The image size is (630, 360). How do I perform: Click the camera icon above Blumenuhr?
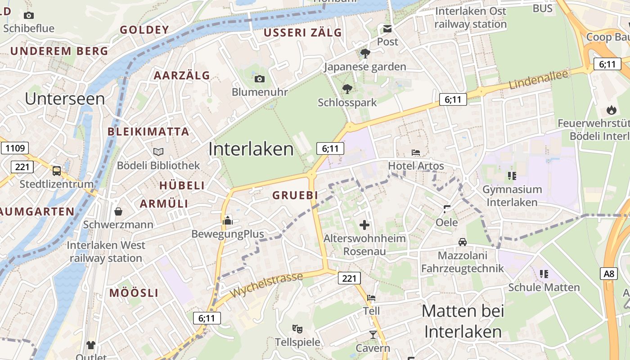tap(260, 79)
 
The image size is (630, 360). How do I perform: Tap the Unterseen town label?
tap(65, 99)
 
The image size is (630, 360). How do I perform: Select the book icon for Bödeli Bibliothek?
tap(158, 152)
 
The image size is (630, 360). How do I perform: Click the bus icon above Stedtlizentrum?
tap(57, 171)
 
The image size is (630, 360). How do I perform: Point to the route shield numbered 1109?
tap(15, 148)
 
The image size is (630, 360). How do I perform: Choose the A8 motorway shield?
tap(609, 273)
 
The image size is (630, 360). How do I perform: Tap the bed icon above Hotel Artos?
tap(416, 153)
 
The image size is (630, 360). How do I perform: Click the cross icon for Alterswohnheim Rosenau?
tap(364, 225)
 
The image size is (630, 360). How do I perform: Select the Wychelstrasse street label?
tap(266, 285)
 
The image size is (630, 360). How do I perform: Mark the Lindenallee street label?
tap(539, 80)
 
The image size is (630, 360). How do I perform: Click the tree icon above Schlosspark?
tap(347, 89)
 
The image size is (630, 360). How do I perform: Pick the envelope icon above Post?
tap(387, 29)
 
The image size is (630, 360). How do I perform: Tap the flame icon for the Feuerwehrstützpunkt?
tap(611, 109)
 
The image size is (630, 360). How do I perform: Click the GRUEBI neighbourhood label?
tap(295, 195)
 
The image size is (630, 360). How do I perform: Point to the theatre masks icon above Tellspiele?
tap(297, 329)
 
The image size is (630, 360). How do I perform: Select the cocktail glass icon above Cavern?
tap(373, 334)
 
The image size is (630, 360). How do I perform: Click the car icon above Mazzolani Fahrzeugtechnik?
tap(462, 242)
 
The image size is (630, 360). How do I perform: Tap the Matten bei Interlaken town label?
tap(463, 321)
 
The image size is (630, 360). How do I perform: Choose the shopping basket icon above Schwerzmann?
tap(118, 211)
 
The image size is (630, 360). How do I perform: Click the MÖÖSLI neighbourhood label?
tap(134, 293)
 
